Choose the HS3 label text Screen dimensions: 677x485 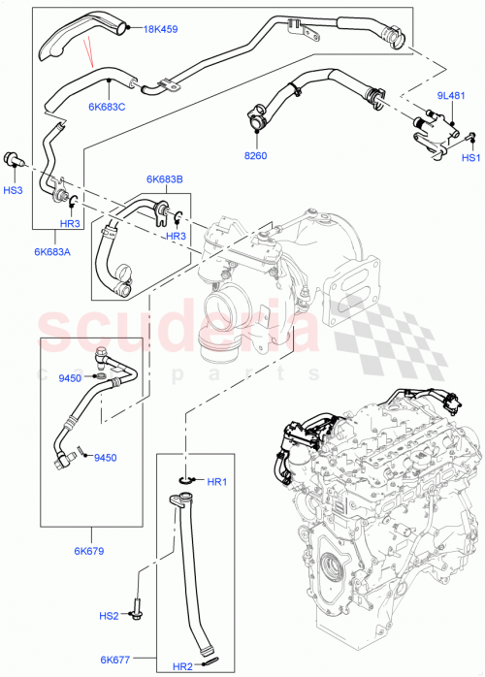click(x=12, y=190)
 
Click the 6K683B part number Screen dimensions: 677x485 click(x=165, y=178)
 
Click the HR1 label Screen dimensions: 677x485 click(x=216, y=481)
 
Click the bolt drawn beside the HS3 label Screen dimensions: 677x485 click(x=14, y=157)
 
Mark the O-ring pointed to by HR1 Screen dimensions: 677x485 click(x=186, y=479)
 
